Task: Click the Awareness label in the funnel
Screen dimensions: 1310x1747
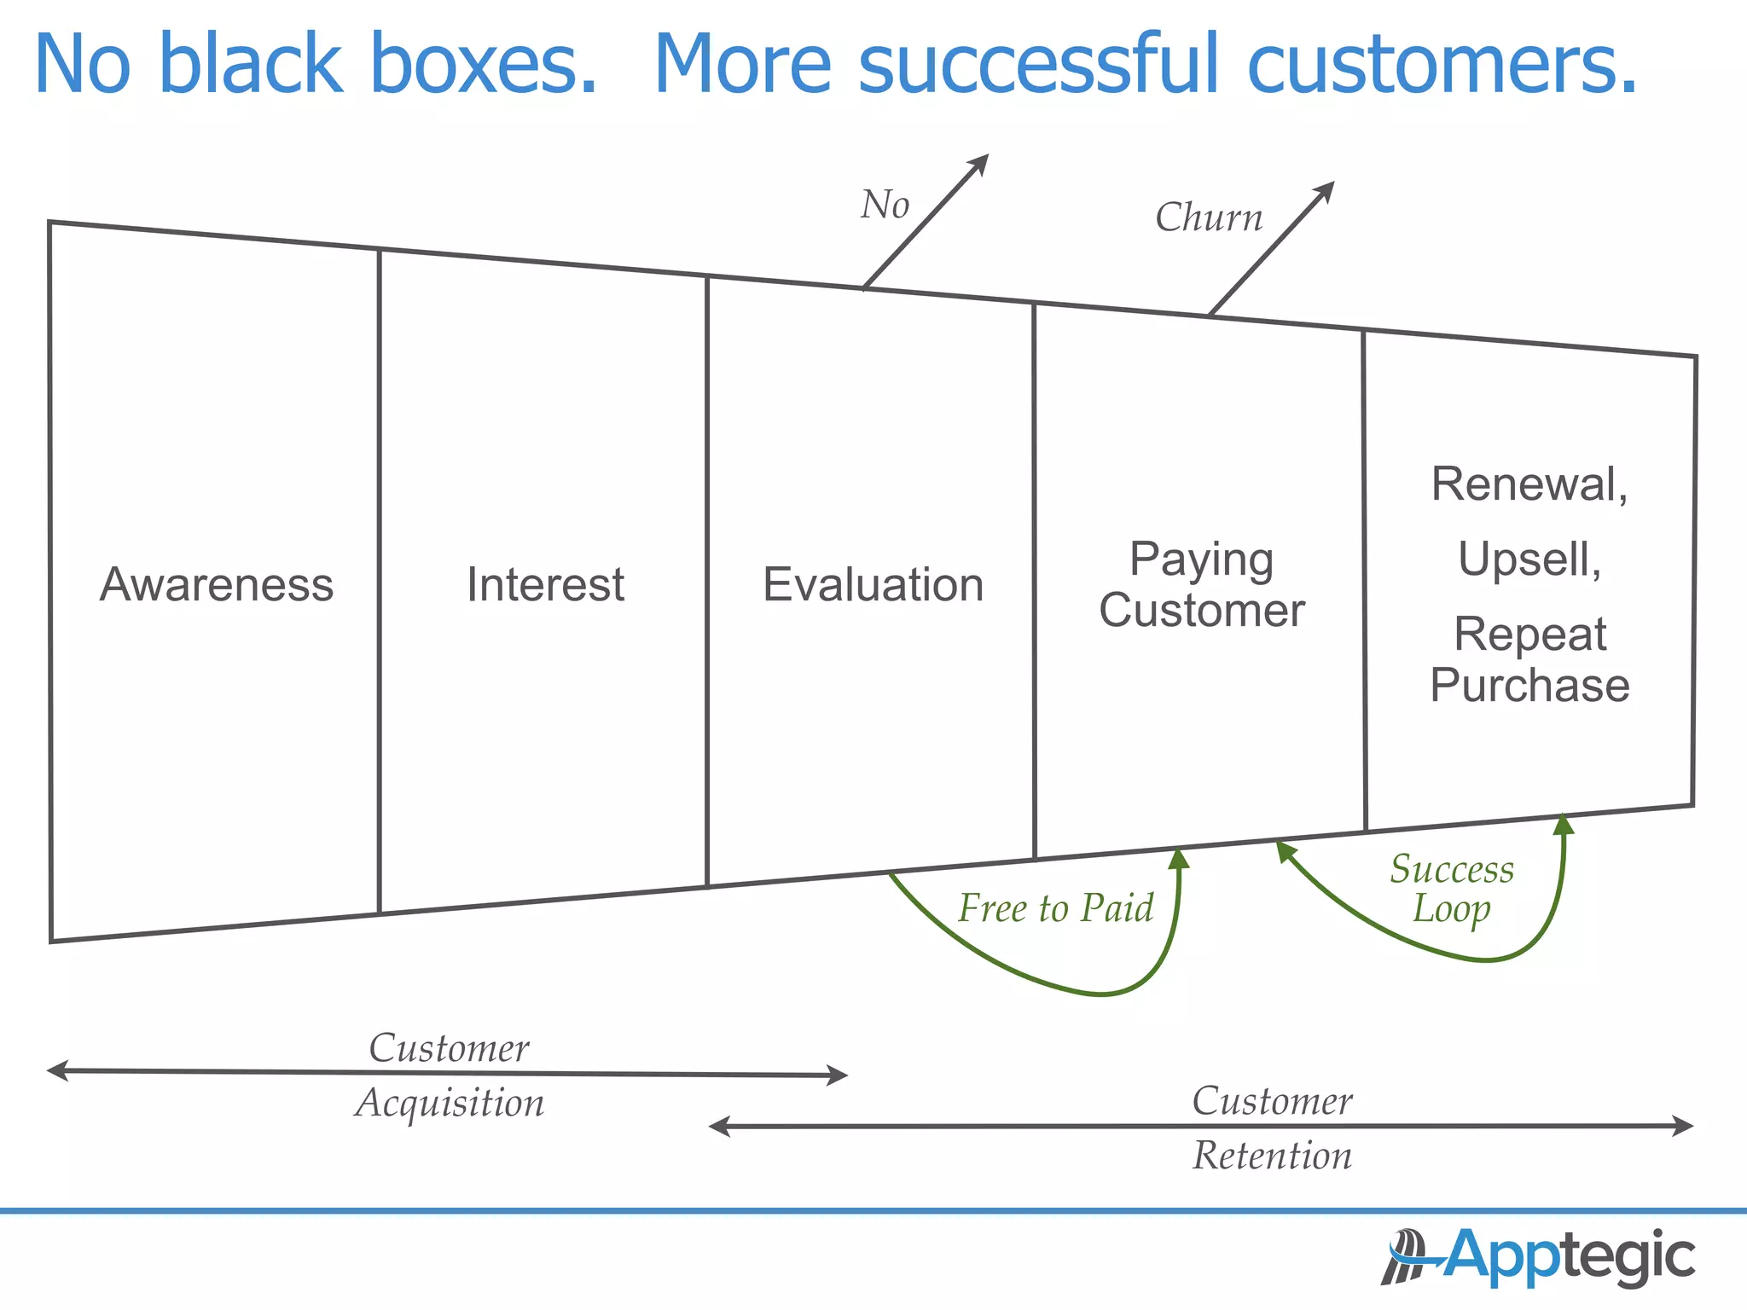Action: click(217, 585)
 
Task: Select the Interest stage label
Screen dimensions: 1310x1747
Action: click(545, 585)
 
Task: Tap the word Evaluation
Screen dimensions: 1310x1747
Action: click(873, 585)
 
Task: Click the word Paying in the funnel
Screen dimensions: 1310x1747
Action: click(1201, 560)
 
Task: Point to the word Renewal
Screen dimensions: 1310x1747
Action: click(1529, 484)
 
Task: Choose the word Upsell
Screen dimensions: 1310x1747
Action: click(1529, 560)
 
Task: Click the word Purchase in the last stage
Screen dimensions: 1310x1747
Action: click(1529, 685)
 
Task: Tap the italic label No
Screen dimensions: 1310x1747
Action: click(885, 205)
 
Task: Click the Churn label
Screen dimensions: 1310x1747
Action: click(1209, 217)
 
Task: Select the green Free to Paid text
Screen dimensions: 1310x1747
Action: click(1055, 907)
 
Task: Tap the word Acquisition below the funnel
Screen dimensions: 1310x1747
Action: click(450, 1103)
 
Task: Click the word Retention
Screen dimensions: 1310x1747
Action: click(1272, 1156)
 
